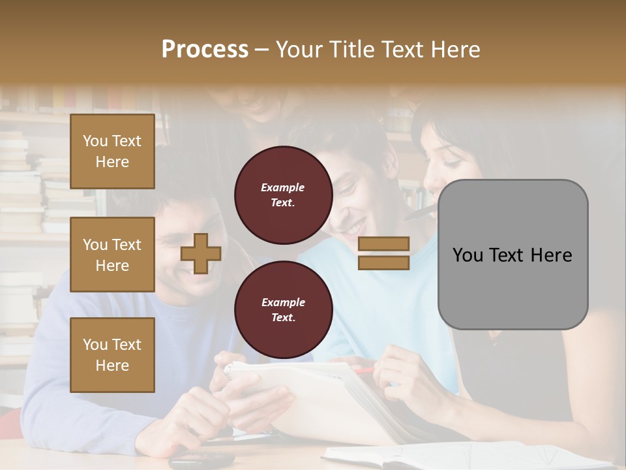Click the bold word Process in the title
(x=205, y=50)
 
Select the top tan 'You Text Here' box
(x=112, y=151)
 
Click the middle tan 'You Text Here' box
(x=112, y=255)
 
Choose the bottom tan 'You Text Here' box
(x=112, y=355)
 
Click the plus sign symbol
(x=201, y=253)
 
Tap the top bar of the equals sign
(x=384, y=243)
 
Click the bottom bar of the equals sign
(x=384, y=262)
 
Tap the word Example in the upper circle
(x=283, y=187)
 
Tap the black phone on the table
(x=201, y=460)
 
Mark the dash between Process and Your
(x=262, y=50)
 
